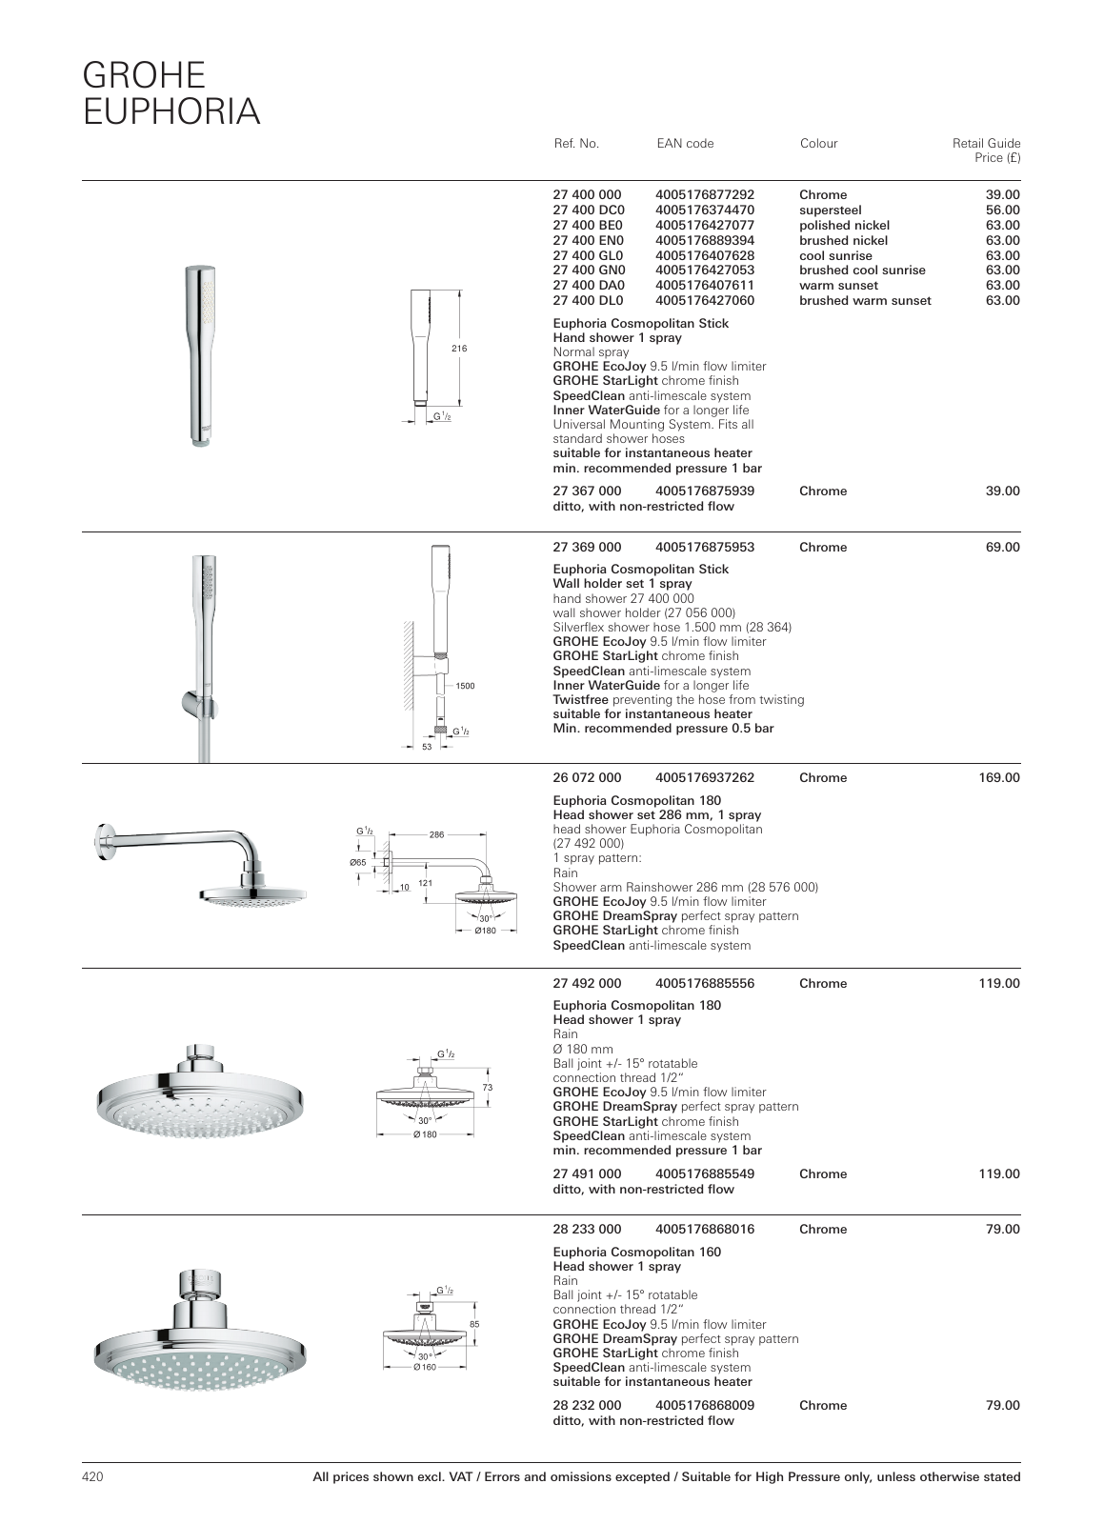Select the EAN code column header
click(x=684, y=144)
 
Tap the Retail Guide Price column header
click(x=986, y=150)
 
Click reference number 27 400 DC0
click(x=589, y=210)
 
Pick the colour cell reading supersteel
click(x=830, y=210)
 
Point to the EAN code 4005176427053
click(x=705, y=271)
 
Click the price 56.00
click(x=1002, y=210)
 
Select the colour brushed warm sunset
click(x=865, y=301)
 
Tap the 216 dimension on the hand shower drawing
click(x=459, y=349)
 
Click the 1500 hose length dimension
click(x=465, y=685)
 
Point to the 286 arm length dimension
click(x=436, y=834)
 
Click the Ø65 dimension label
click(x=357, y=862)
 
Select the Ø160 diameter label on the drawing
click(x=424, y=1367)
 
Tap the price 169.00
click(x=998, y=777)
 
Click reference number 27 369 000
click(x=587, y=547)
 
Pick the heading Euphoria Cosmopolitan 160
click(x=636, y=1252)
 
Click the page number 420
click(x=91, y=1477)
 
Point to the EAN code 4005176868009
click(x=705, y=1405)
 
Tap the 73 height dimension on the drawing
click(x=488, y=1087)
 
